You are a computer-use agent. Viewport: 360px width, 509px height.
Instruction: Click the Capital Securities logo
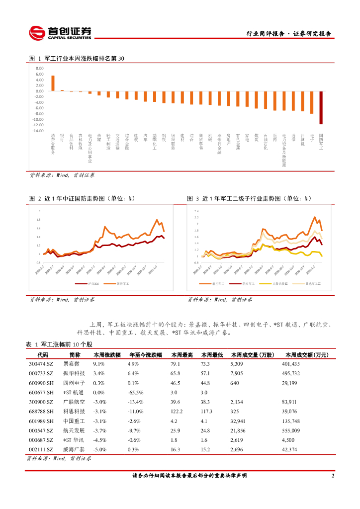(x=60, y=33)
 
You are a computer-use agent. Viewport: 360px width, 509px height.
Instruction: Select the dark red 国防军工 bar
(x=321, y=107)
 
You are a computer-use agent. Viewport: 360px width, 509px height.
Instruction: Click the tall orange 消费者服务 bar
(x=53, y=84)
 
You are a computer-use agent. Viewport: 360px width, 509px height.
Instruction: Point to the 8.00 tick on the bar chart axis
(x=40, y=69)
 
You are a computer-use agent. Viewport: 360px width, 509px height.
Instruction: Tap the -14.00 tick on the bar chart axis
(x=38, y=131)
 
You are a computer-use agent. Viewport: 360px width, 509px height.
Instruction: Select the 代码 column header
(x=43, y=355)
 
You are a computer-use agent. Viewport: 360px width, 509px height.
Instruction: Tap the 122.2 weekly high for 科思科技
(x=178, y=411)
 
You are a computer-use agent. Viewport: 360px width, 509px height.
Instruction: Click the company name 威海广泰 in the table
(x=74, y=449)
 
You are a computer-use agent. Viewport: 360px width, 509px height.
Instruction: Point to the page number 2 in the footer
(x=332, y=476)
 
